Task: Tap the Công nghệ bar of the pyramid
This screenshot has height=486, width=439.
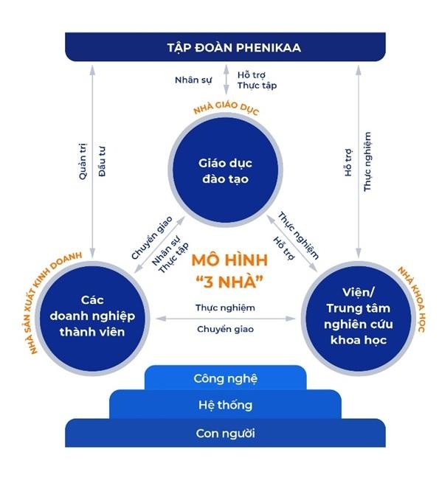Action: tap(225, 378)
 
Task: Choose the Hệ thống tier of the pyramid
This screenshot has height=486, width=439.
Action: tap(225, 405)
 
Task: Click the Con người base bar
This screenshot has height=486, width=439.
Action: tap(225, 432)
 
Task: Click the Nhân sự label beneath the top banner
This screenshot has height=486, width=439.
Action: tap(193, 80)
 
